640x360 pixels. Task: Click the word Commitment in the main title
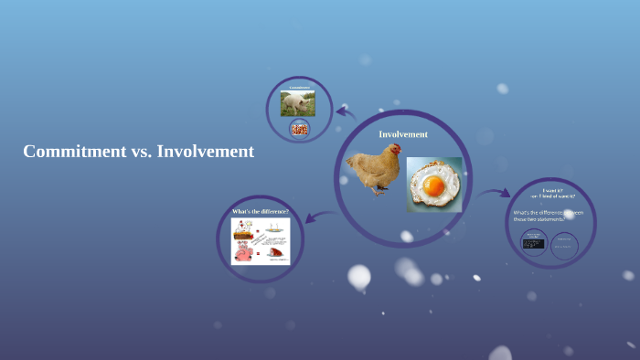tap(69, 152)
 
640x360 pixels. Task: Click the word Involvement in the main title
tap(206, 152)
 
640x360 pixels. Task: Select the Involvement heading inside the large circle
tap(403, 134)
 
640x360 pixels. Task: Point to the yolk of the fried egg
tap(433, 187)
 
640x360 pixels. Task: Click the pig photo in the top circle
tap(298, 102)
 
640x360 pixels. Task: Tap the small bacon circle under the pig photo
tap(298, 129)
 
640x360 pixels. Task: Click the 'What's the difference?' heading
tap(261, 211)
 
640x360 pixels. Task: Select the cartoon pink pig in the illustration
tap(244, 252)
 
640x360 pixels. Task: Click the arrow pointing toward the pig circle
tap(346, 112)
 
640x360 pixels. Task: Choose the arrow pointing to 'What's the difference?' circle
tap(318, 217)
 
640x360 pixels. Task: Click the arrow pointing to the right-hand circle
tap(495, 194)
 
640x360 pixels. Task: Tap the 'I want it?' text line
tap(552, 191)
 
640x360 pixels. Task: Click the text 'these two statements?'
tap(540, 219)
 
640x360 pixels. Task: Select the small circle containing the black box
tap(533, 242)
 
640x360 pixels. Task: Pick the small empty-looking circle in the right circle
tap(565, 244)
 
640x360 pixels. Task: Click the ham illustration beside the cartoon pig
tap(275, 253)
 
